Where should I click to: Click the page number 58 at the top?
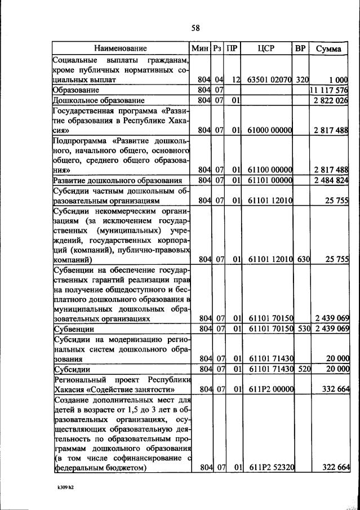tap(195, 27)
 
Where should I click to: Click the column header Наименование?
tap(121, 48)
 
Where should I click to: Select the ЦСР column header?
tap(265, 48)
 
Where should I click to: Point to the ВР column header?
tap(300, 48)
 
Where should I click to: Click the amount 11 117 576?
tap(329, 90)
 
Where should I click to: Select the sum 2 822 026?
tap(331, 100)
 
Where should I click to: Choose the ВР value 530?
tap(300, 328)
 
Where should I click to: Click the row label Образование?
tap(76, 90)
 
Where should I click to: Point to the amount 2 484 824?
tap(331, 180)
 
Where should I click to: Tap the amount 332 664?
tap(332, 389)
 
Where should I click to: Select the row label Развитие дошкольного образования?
tap(117, 180)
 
